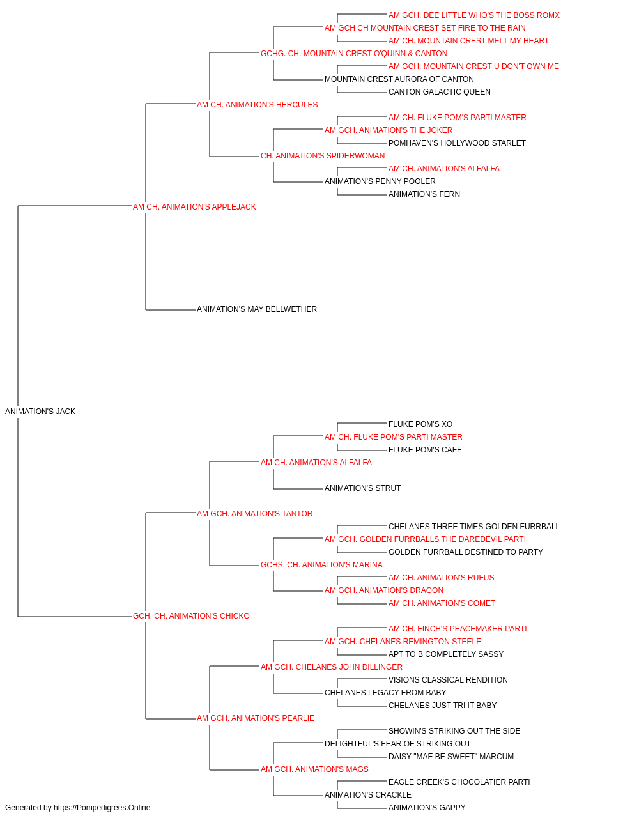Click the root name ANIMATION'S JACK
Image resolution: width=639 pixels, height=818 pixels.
(40, 412)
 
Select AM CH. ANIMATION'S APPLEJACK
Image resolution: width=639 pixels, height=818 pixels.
(194, 207)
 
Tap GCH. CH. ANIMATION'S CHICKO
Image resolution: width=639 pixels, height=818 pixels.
(191, 616)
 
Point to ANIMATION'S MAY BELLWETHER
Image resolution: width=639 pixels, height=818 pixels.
(257, 309)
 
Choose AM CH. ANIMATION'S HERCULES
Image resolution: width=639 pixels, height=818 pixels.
(257, 105)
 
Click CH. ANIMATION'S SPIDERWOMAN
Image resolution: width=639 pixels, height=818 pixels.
(323, 156)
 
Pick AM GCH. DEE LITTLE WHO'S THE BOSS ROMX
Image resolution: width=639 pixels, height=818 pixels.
(473, 15)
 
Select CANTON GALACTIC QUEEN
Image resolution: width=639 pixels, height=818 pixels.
(439, 92)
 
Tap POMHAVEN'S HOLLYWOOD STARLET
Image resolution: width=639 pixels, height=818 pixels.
(457, 143)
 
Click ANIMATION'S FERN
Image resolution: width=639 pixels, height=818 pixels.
(424, 194)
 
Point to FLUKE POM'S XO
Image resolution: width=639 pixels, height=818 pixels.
(420, 424)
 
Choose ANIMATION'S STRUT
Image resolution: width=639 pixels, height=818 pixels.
(362, 488)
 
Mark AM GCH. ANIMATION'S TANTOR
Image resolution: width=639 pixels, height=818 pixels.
(254, 514)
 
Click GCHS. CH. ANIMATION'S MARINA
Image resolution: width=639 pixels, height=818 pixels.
(321, 565)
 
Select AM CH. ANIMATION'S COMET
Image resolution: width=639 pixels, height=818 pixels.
(442, 603)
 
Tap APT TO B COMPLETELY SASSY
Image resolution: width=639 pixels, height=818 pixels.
(445, 654)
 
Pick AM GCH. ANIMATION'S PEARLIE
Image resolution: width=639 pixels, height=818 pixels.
(255, 718)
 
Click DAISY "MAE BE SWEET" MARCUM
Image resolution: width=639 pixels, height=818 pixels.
(451, 757)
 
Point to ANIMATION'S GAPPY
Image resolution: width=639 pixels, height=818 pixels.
(427, 808)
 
